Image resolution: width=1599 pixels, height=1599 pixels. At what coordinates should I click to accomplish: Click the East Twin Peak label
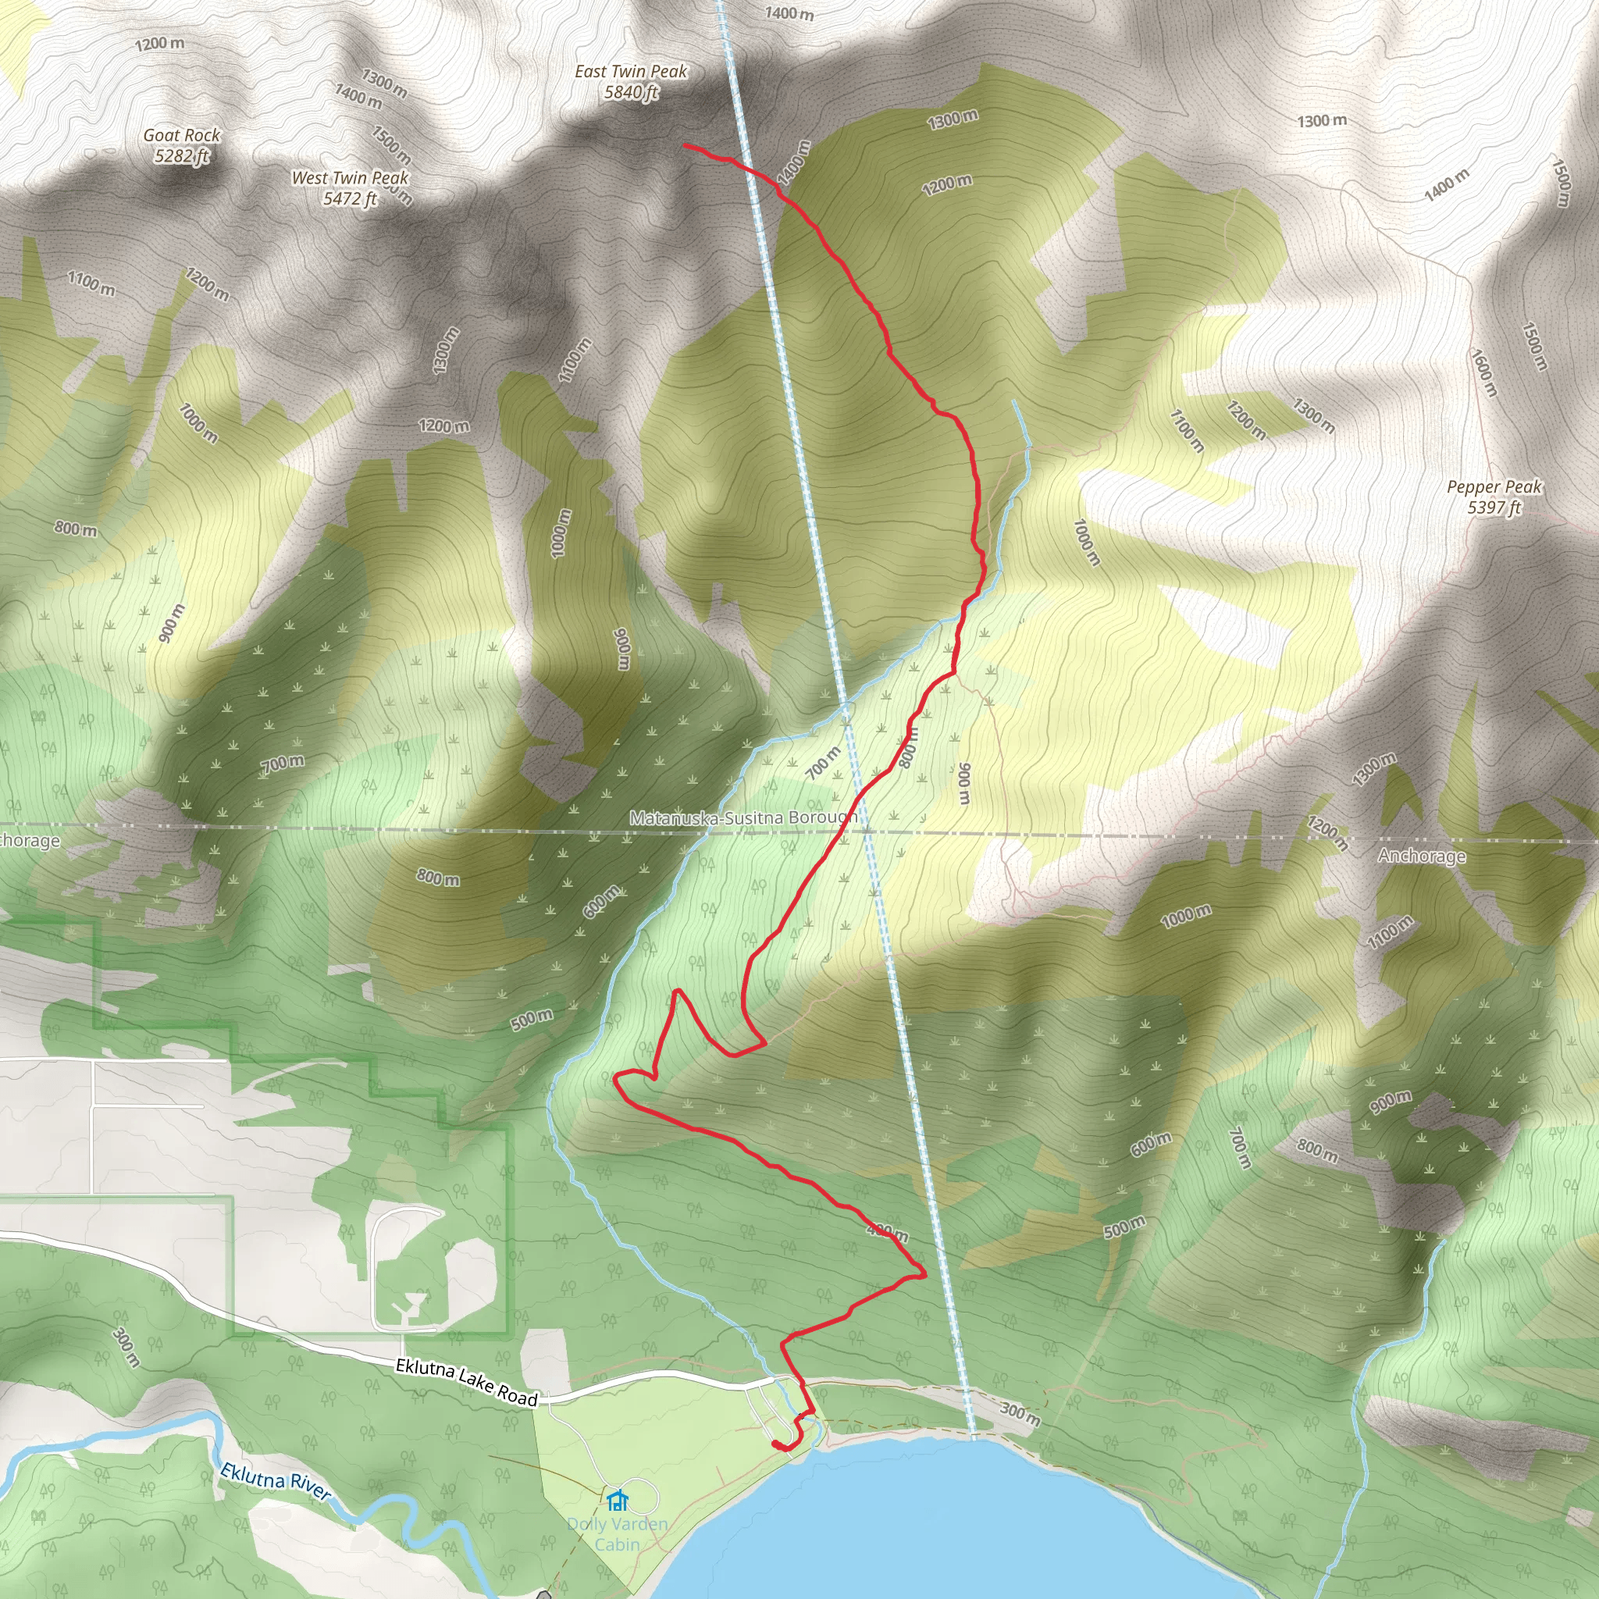pos(631,72)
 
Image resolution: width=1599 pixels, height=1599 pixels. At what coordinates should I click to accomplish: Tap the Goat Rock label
pos(181,135)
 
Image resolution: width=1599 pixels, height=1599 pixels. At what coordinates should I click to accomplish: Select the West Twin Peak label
pos(349,178)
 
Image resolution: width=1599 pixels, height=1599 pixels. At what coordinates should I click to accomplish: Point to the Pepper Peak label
pos(1494,487)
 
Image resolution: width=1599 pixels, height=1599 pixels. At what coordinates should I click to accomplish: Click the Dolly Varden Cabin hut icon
pos(617,1499)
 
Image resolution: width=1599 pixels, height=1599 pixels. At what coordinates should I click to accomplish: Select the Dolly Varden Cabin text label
pos(618,1533)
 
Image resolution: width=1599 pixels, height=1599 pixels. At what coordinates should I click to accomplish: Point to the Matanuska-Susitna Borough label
pos(743,817)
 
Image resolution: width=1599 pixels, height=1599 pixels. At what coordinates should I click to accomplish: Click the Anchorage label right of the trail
pos(1421,856)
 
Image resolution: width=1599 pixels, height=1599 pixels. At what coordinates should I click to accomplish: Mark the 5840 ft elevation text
pos(631,93)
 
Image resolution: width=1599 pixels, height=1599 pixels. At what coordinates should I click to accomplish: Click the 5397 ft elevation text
pos(1494,508)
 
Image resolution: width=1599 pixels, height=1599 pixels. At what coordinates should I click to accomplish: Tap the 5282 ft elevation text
pos(181,155)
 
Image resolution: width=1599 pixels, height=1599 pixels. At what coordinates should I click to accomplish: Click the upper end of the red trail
pos(686,146)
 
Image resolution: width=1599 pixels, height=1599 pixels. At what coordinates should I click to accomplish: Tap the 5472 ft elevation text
pos(349,198)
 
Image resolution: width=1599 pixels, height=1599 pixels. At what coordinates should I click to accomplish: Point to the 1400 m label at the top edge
pos(789,13)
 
